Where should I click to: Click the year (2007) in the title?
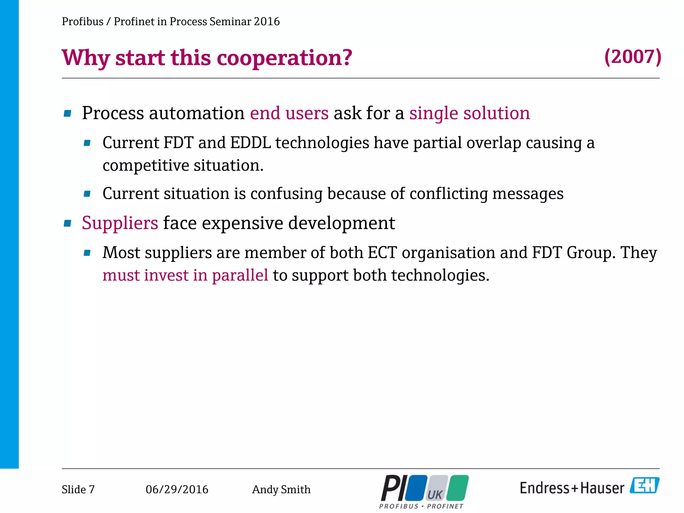click(x=633, y=57)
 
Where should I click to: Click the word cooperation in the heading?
click(x=284, y=57)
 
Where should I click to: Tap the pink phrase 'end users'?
click(x=289, y=113)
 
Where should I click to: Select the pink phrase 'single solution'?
click(x=470, y=113)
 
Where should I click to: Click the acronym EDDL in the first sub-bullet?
click(x=250, y=143)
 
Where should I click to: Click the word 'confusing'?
click(x=286, y=193)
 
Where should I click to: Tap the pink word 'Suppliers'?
click(x=120, y=223)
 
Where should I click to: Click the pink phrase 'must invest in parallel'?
click(x=185, y=275)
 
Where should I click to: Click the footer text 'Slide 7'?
click(x=78, y=489)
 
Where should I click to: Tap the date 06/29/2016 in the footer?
click(x=177, y=489)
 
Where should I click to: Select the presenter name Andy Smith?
click(x=281, y=489)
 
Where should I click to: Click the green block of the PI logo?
click(x=458, y=488)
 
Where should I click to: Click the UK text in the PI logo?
click(x=435, y=494)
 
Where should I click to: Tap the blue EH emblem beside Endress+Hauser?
click(x=644, y=485)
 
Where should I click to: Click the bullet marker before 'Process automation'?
click(x=67, y=114)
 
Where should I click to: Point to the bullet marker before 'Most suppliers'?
click(x=87, y=253)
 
